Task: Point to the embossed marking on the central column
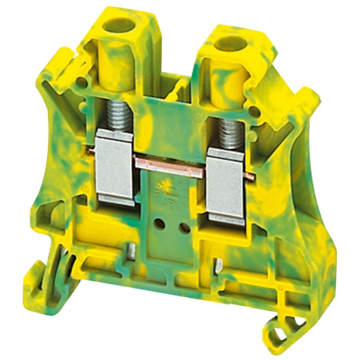(168, 195)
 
